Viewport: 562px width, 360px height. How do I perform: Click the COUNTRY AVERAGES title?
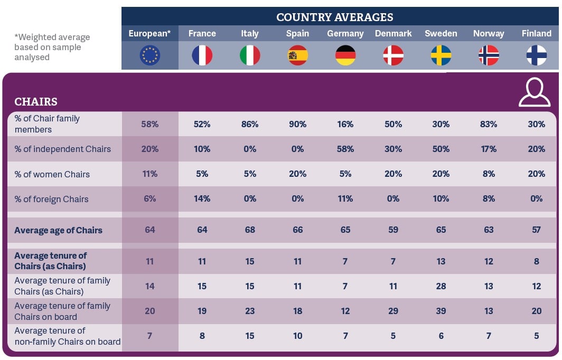click(334, 17)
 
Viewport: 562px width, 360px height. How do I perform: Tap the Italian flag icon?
click(250, 55)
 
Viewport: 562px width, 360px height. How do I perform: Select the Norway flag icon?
click(489, 55)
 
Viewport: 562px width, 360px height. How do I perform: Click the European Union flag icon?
click(150, 55)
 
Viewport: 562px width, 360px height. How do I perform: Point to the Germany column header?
click(345, 33)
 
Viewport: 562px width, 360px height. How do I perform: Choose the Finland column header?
click(536, 33)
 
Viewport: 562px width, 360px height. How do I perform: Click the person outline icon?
click(534, 92)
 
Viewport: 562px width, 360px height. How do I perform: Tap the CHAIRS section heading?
click(36, 101)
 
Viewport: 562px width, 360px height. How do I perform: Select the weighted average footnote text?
click(52, 47)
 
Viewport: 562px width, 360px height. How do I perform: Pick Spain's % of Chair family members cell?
click(297, 124)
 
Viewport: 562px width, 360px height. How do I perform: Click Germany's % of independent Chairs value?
click(345, 149)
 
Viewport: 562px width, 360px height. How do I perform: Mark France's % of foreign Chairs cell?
click(202, 199)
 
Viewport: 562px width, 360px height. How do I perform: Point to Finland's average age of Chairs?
click(536, 230)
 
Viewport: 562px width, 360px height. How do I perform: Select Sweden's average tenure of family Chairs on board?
click(441, 311)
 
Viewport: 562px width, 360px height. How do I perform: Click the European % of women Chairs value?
click(150, 174)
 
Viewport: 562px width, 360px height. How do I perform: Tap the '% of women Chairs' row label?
click(52, 174)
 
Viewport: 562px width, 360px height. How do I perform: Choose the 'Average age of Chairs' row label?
click(58, 230)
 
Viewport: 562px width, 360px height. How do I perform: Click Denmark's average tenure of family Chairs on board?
click(393, 311)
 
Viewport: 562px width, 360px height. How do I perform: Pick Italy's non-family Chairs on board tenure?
click(250, 336)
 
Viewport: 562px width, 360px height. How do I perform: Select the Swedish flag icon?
click(441, 55)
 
